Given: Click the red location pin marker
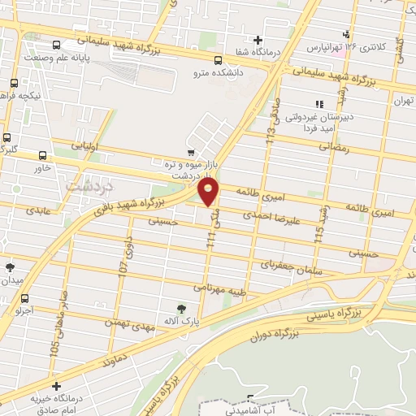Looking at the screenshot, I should (209, 192).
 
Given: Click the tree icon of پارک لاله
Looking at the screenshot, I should (181, 308).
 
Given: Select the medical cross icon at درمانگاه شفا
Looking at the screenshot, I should (258, 39).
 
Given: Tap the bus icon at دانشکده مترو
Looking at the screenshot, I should (218, 59).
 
